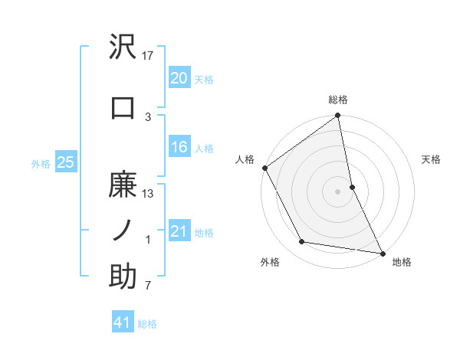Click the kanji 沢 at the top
[123, 47]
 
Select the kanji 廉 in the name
[123, 185]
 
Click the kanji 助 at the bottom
[123, 277]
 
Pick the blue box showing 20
[179, 78]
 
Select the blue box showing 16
[179, 148]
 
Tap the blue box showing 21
[179, 231]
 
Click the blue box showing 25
[65, 162]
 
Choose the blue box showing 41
[123, 322]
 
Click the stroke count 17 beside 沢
[148, 56]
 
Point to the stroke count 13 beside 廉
[148, 195]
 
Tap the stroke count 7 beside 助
[147, 286]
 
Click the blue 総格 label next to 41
[147, 324]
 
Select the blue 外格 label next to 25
[40, 162]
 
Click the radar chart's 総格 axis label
[338, 100]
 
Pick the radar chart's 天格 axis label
[431, 159]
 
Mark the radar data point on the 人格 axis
[264, 168]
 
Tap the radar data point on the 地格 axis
[382, 253]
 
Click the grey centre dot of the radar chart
[338, 191]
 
